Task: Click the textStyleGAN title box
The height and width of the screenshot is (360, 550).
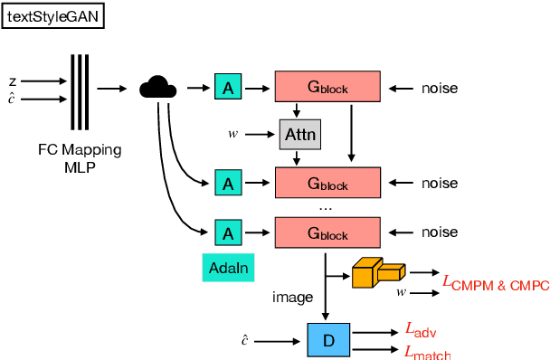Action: pos(53,17)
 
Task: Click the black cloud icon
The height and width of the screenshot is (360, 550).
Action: pos(157,87)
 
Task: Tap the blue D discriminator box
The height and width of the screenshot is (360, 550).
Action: pos(328,341)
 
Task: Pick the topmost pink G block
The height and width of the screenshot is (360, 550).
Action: pos(327,88)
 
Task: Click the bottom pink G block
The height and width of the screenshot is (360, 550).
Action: pos(327,234)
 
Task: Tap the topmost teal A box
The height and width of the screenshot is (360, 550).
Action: pos(228,88)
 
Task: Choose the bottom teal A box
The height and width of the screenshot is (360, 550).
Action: pos(228,233)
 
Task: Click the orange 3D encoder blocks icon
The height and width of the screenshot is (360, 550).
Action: pos(378,272)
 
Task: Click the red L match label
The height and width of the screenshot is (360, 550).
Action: pos(428,351)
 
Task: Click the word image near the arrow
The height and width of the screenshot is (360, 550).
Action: pos(291,297)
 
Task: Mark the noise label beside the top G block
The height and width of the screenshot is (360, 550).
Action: pos(440,89)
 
